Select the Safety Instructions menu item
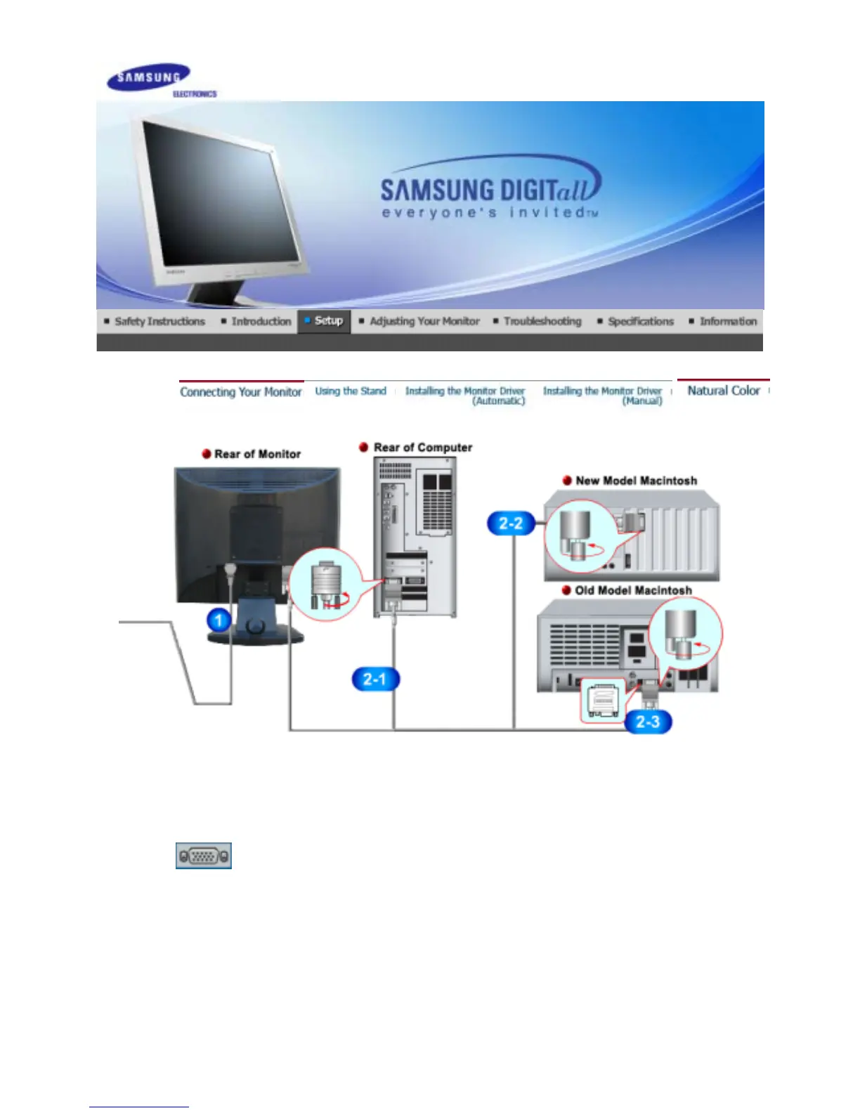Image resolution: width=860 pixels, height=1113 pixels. pos(159,322)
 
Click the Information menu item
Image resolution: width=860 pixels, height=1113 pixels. pos(727,322)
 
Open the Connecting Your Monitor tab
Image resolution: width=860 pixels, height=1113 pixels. pos(241,392)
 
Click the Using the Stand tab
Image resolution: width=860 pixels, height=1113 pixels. pos(351,391)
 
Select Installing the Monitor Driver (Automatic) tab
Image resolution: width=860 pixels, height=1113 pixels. pos(465,396)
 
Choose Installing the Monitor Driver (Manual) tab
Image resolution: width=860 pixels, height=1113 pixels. pos(603,396)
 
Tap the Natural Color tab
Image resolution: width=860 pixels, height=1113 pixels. pos(723,391)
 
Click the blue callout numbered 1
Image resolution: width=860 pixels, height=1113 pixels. pos(219,620)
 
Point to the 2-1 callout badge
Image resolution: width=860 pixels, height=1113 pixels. pos(374,679)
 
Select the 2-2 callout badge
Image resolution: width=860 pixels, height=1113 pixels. pos(511,523)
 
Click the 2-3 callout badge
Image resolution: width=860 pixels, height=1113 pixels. pos(648,722)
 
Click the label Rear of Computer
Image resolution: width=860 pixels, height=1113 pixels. pos(422,448)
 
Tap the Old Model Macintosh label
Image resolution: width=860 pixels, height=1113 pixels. pos(632,591)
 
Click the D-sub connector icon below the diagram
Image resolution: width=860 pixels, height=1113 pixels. pos(204,856)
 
